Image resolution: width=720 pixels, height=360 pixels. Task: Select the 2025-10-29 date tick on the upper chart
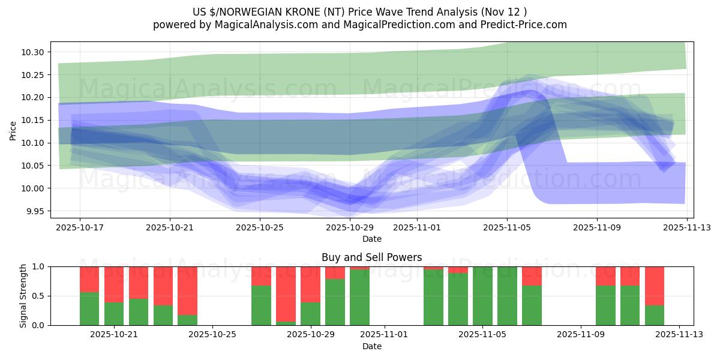[x=350, y=227]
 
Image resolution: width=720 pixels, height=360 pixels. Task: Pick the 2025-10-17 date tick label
[x=80, y=227]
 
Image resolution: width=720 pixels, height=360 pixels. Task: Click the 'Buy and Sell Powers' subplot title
[x=371, y=257]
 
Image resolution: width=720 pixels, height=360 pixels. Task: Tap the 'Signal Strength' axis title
[x=23, y=296]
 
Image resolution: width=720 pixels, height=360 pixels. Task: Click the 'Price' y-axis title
[x=13, y=130]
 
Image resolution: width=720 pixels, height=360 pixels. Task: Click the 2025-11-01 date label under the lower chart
[x=385, y=334]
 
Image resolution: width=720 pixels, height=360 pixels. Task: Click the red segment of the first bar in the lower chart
[x=89, y=279]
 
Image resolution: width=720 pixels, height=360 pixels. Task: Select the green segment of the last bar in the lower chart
[x=655, y=315]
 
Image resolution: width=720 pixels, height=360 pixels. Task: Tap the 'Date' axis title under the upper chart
[x=371, y=239]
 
